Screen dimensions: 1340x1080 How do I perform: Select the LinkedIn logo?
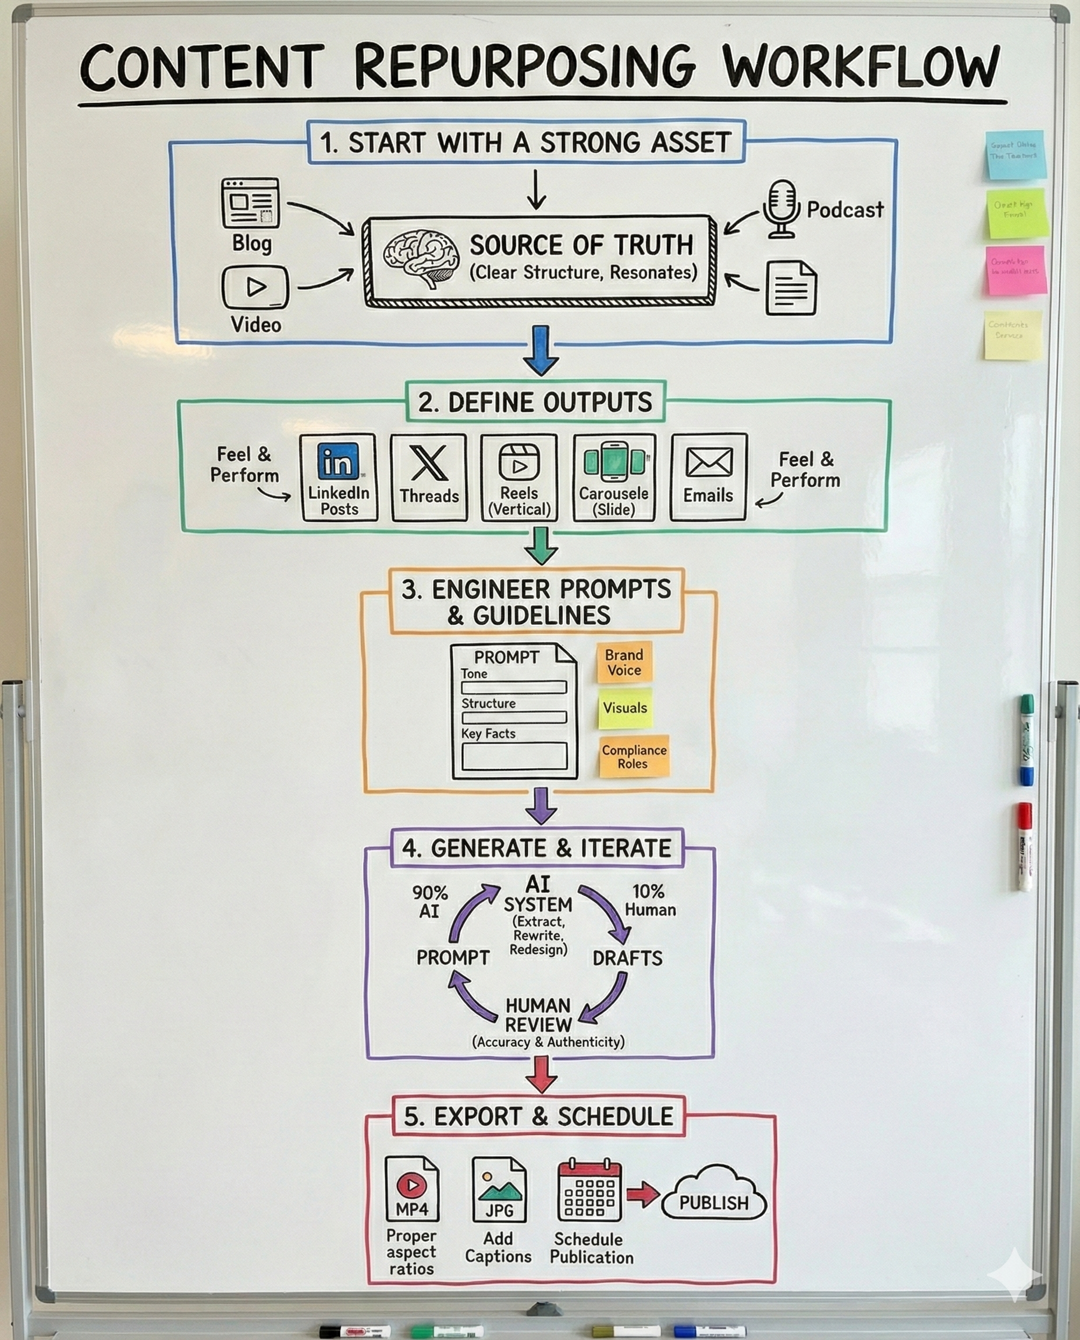[338, 461]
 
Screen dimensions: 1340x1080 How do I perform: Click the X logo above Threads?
[429, 462]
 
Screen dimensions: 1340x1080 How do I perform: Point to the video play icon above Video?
[255, 287]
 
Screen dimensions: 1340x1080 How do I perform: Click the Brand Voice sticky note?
[624, 662]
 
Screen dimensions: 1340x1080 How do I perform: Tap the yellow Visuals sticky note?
[624, 708]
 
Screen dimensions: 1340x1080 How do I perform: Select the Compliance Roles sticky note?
[633, 757]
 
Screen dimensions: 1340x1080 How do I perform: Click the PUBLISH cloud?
[713, 1202]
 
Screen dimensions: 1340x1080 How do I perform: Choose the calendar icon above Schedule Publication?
[589, 1191]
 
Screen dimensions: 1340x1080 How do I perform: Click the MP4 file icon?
[412, 1189]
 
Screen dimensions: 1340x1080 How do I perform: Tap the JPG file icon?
[499, 1189]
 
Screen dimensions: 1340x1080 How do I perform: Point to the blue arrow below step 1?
[541, 350]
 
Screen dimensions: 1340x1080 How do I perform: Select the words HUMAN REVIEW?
[538, 1015]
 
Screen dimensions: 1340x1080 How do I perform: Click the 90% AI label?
[429, 901]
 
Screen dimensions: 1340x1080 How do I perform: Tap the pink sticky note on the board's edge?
[1015, 270]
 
